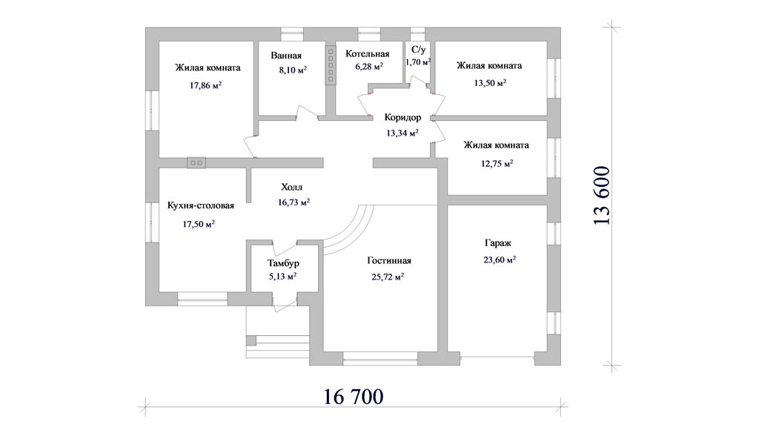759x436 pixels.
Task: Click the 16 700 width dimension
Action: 353,397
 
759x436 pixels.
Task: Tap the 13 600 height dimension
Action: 602,195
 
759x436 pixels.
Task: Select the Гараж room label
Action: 498,243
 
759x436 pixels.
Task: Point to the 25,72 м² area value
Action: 385,277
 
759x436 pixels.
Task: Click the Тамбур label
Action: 283,263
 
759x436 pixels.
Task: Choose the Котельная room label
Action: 368,54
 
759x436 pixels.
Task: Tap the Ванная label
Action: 286,56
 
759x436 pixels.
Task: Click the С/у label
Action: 418,50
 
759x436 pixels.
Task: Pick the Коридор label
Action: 402,118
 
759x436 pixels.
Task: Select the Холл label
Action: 291,187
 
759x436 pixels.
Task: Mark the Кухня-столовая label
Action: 200,206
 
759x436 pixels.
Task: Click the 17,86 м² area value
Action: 206,86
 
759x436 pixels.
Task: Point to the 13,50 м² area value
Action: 490,83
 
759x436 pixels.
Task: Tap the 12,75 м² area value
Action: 497,164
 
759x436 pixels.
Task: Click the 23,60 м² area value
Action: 500,260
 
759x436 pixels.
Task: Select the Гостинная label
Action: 389,260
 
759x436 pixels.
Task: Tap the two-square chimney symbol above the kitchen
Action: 196,163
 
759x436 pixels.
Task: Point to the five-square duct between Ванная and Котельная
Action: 331,65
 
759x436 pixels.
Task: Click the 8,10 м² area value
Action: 293,70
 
